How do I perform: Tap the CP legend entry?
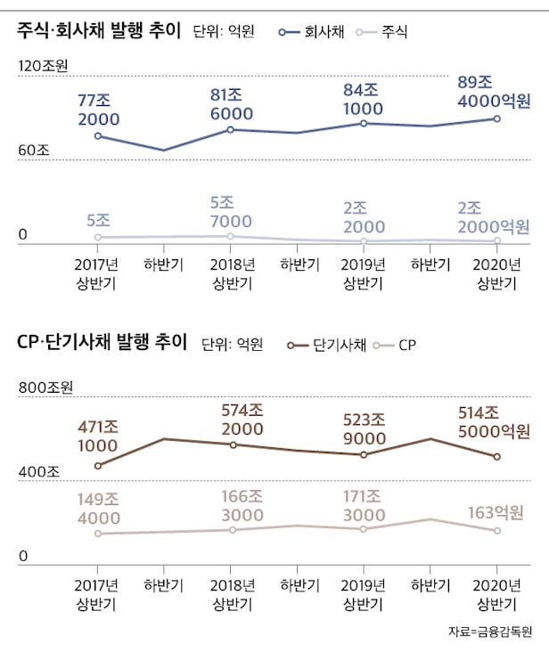pyautogui.click(x=397, y=344)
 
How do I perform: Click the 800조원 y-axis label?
pyautogui.click(x=45, y=388)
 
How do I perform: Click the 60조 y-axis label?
pyautogui.click(x=34, y=150)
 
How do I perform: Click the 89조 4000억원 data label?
pyautogui.click(x=492, y=92)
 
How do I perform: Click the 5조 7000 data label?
pyautogui.click(x=231, y=210)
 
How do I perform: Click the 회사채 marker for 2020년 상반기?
pyautogui.click(x=497, y=118)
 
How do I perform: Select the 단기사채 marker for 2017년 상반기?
pyautogui.click(x=98, y=465)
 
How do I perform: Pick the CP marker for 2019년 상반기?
pyautogui.click(x=363, y=529)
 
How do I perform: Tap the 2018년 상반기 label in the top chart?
pyautogui.click(x=231, y=273)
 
